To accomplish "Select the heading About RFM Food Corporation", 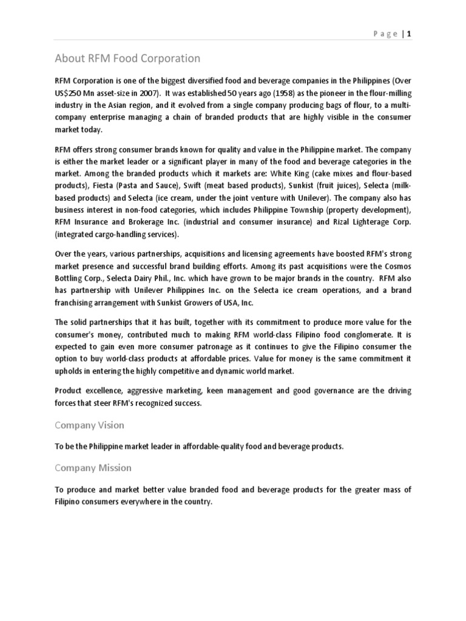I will coord(127,59).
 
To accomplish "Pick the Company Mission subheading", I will coord(93,468).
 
